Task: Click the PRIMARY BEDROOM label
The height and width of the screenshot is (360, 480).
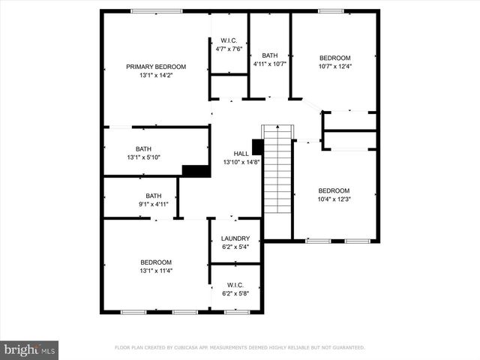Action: (x=156, y=67)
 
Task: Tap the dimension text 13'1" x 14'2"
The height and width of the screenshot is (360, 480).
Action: (x=156, y=76)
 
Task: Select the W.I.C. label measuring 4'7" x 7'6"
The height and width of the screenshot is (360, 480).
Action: (x=229, y=40)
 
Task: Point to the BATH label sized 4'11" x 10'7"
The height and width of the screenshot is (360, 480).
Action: (x=269, y=55)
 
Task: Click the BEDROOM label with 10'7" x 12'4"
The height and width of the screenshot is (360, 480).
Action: (x=334, y=58)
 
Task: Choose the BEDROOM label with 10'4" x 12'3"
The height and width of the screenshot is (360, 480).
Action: (x=334, y=190)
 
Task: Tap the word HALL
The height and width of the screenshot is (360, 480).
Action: (x=241, y=154)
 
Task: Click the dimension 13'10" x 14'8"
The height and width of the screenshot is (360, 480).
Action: (x=241, y=163)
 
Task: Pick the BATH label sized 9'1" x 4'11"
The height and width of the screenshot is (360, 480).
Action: (x=153, y=196)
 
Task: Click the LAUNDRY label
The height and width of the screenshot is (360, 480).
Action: (x=235, y=238)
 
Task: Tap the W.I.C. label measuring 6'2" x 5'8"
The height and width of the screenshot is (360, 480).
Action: (x=235, y=285)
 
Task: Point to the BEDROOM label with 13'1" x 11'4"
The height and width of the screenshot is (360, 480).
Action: (x=156, y=262)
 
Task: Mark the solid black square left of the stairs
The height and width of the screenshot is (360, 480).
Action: (x=257, y=147)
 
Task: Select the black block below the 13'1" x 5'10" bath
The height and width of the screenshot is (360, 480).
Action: (x=196, y=171)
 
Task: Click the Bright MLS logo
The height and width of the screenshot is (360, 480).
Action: (x=30, y=349)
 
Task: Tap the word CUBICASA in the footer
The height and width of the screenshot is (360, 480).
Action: (x=190, y=348)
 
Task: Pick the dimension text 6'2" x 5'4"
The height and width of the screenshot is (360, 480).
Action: (x=235, y=247)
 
